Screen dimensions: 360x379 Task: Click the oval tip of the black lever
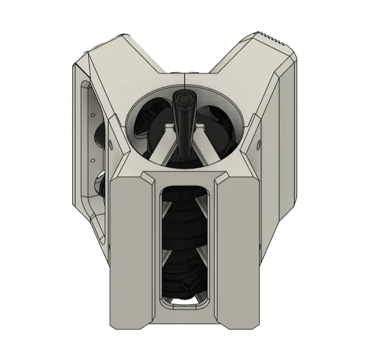[x=184, y=98]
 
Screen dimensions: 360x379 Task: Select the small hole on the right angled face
[x=259, y=143]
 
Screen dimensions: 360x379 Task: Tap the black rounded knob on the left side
[x=99, y=185]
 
